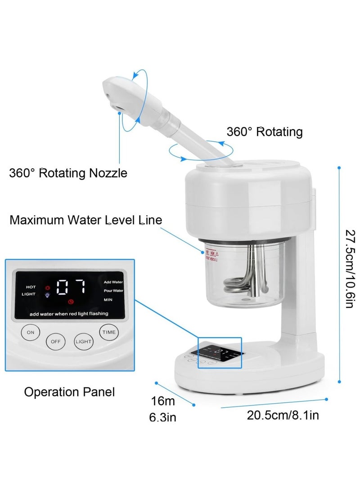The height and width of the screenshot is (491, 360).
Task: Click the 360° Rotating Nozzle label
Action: tap(68, 173)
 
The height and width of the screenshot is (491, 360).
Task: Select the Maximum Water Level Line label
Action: tap(86, 220)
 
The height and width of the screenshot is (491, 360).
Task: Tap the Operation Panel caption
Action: tap(69, 392)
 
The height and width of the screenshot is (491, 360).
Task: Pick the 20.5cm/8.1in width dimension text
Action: tap(283, 414)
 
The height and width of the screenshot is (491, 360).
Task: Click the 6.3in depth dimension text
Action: tap(162, 418)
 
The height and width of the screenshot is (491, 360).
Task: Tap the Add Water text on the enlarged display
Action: tap(112, 282)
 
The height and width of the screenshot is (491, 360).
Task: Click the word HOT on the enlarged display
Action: tap(31, 287)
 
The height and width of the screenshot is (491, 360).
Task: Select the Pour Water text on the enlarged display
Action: tap(113, 291)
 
